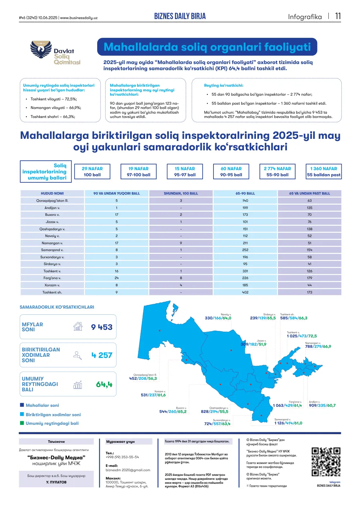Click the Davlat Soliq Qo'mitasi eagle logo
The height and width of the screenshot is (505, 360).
41,49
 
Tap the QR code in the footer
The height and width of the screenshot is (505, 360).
326,462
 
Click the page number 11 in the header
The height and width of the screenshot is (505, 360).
338,16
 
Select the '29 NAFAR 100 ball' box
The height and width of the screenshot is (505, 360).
92,172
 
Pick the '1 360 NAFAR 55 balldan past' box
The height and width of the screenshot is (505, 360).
323,172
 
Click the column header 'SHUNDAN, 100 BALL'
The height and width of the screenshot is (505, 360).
181,194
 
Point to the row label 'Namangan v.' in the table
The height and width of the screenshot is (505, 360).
52,243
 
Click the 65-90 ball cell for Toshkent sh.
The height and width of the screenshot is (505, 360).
245,292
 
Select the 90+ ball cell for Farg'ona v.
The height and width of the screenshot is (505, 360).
117,278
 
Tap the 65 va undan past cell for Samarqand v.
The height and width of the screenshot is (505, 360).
310,250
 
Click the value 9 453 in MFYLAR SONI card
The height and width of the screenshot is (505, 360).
102,327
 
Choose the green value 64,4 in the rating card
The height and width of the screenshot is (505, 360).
104,385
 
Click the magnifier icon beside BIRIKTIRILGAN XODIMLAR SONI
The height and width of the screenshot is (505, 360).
77,355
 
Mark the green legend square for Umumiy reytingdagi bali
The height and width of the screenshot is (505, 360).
22,423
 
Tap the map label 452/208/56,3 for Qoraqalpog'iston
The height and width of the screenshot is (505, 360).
143,378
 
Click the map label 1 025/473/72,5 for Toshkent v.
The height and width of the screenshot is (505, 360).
302,336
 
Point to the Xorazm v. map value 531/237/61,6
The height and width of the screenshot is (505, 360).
153,395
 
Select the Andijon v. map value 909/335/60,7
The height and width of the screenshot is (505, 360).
322,405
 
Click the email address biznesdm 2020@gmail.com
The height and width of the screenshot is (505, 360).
128,470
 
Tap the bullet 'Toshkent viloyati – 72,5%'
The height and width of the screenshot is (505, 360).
54,99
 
